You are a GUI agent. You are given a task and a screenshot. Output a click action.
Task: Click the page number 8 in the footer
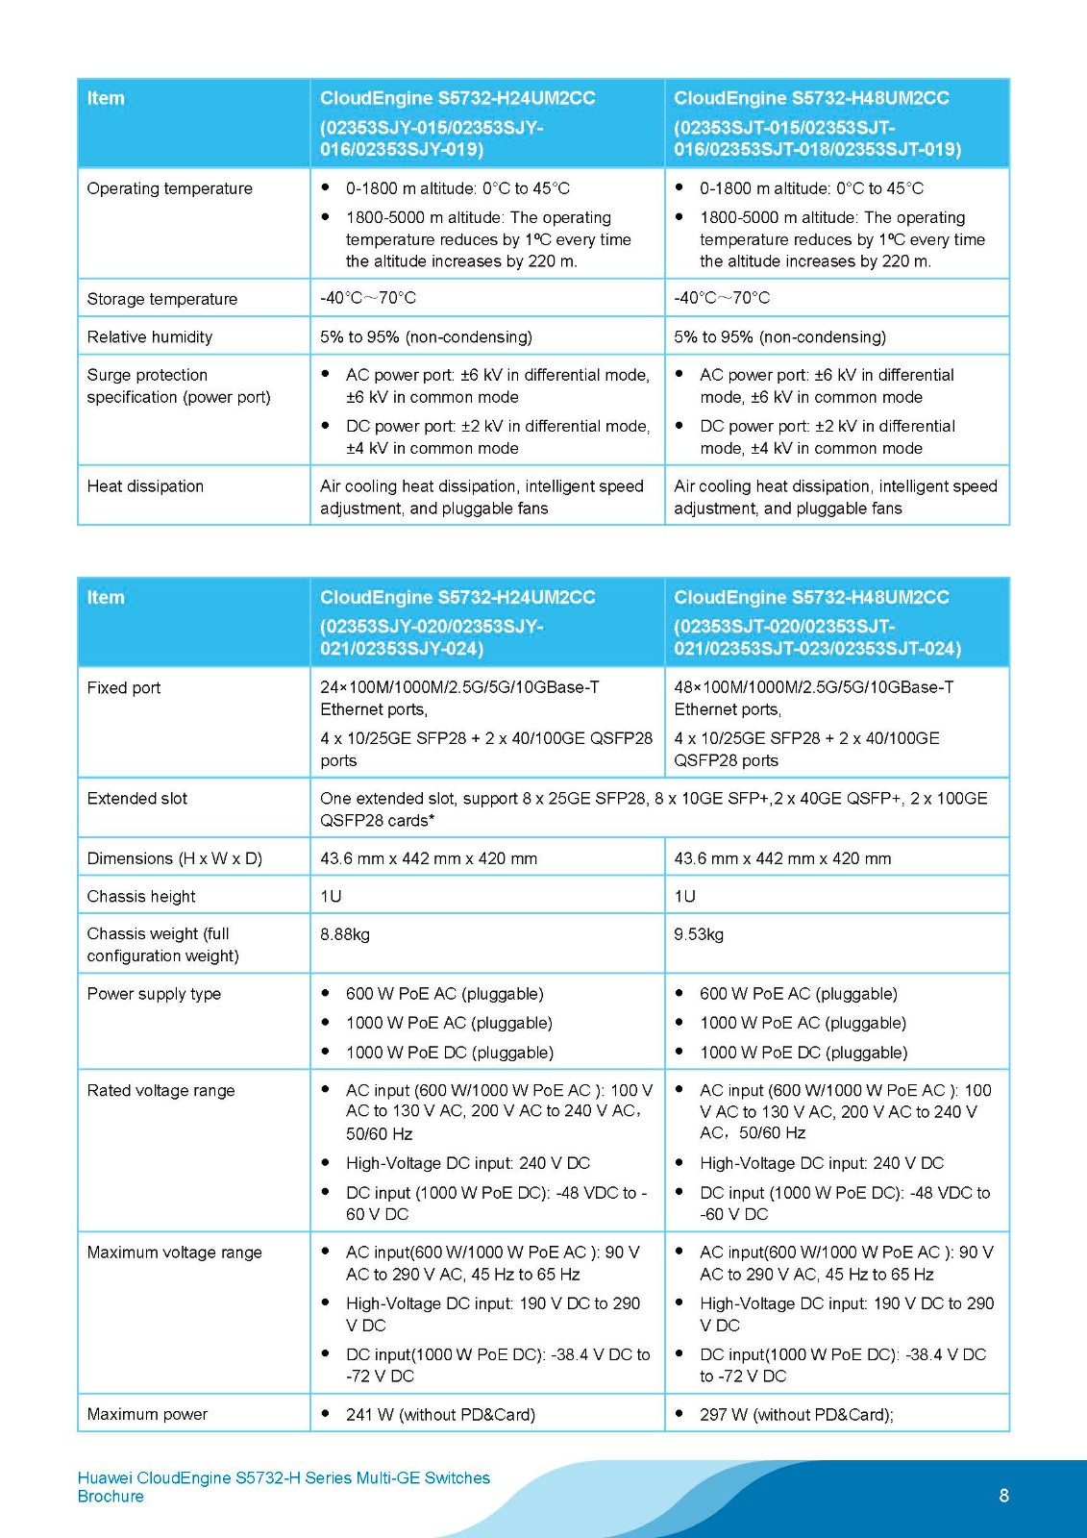click(x=1004, y=1495)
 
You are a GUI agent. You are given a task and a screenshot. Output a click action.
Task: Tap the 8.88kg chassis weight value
click(x=345, y=934)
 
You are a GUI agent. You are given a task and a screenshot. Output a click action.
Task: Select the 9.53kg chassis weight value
click(x=699, y=934)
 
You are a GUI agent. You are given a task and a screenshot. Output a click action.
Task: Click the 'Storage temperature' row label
click(x=161, y=299)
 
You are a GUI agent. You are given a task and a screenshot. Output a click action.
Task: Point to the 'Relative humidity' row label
click(x=150, y=337)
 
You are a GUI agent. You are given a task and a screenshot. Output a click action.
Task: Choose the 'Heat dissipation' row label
click(x=145, y=486)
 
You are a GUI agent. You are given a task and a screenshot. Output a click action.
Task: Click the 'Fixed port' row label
click(x=124, y=688)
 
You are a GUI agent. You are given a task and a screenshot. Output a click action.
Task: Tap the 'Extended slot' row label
click(x=137, y=799)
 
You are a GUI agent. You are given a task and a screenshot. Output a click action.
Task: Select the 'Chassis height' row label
click(x=141, y=897)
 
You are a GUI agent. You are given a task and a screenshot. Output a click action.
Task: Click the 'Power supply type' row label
click(x=154, y=994)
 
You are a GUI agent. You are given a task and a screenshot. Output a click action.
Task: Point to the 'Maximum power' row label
click(x=147, y=1414)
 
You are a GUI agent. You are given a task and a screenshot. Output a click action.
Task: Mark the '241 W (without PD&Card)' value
click(x=440, y=1414)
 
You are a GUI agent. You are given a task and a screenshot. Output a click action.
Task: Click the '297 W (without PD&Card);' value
click(x=796, y=1414)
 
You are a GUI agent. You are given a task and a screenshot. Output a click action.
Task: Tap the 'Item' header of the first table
click(x=106, y=98)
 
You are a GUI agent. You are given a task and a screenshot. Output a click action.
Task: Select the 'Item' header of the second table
click(x=106, y=597)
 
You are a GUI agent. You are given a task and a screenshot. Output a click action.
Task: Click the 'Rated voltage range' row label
click(x=161, y=1091)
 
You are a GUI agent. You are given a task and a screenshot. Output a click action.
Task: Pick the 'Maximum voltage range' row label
click(x=174, y=1253)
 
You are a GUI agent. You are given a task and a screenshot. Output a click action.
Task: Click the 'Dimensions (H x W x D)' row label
click(x=174, y=858)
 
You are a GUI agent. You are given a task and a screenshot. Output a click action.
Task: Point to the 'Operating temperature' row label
click(x=169, y=188)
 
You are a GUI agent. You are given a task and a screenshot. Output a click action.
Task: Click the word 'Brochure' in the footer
click(x=111, y=1497)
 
